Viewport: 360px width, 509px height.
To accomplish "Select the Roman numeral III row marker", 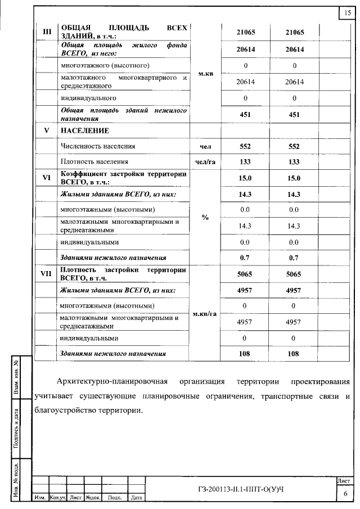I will coord(47,31).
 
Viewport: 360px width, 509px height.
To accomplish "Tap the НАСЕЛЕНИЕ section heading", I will coord(84,130).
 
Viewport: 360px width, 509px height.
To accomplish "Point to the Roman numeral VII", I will coord(47,273).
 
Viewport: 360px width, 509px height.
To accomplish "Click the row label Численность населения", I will coord(98,146).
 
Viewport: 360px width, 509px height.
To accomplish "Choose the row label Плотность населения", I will coord(92,161).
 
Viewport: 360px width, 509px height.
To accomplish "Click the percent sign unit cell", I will coord(205,218).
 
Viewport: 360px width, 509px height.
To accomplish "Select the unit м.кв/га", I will coord(205,313).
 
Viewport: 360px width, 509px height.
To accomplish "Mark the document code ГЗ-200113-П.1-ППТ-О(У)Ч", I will coord(240,488).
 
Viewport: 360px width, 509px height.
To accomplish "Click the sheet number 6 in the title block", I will coord(345,493).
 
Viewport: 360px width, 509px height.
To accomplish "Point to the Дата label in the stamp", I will coord(136,498).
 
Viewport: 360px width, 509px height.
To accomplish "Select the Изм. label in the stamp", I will coord(41,498).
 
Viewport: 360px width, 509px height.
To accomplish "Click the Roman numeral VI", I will coord(47,178).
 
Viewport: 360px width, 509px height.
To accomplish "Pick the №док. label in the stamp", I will coord(92,498).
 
